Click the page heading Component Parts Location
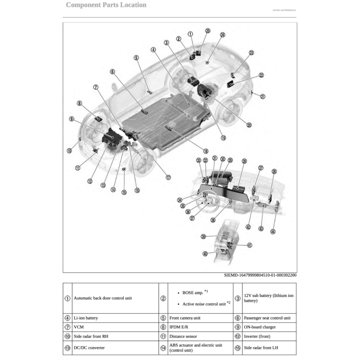tap(106, 5)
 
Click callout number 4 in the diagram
tap(153, 50)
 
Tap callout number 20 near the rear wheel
tap(249, 124)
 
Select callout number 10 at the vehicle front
tap(69, 150)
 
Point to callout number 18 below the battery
tap(206, 151)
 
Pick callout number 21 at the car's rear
tap(263, 96)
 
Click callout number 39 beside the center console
tap(203, 237)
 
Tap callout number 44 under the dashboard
tap(273, 231)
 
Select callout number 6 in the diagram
tap(112, 72)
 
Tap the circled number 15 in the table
tap(238, 348)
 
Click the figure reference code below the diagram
tap(260, 275)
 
